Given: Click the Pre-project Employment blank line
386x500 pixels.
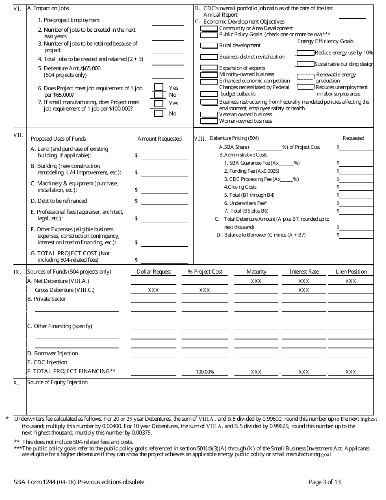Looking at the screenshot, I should (167, 22).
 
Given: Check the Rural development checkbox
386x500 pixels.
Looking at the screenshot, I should (209, 46).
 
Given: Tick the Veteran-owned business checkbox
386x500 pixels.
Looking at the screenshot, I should (209, 115).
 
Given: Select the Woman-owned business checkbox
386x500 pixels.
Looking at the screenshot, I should (209, 121).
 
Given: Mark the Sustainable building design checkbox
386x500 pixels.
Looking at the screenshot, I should (305, 64).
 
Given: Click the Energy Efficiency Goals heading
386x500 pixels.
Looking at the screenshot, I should (325, 41).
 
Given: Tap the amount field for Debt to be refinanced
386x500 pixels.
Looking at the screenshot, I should (164, 202).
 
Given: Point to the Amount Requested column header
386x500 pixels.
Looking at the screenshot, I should (159, 139).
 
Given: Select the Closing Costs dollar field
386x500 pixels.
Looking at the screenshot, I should (356, 187).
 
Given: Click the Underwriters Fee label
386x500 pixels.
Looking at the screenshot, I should (245, 203).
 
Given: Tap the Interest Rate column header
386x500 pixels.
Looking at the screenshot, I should (304, 272).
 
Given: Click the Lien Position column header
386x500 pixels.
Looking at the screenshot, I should (351, 272).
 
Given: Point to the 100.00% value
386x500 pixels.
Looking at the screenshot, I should (205, 372).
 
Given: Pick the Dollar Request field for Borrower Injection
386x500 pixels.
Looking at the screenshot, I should (154, 354).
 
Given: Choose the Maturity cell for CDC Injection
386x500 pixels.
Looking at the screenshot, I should (256, 363).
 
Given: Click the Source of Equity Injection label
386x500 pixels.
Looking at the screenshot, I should (57, 382).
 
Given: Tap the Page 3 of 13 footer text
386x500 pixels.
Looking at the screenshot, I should (325, 482).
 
